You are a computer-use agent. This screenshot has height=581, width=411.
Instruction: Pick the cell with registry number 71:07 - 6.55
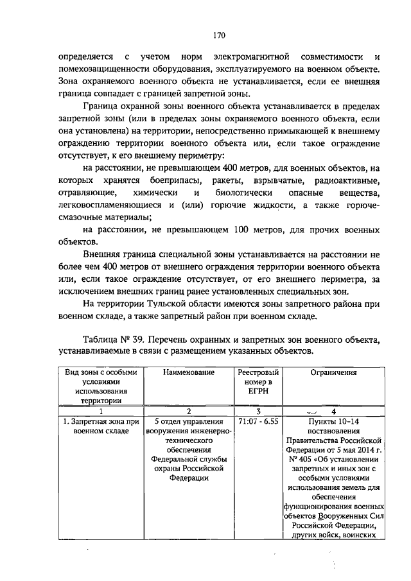[x=258, y=422]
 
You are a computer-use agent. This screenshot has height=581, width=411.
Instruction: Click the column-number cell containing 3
[x=258, y=411]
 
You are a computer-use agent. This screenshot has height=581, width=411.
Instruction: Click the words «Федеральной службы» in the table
[x=188, y=460]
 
